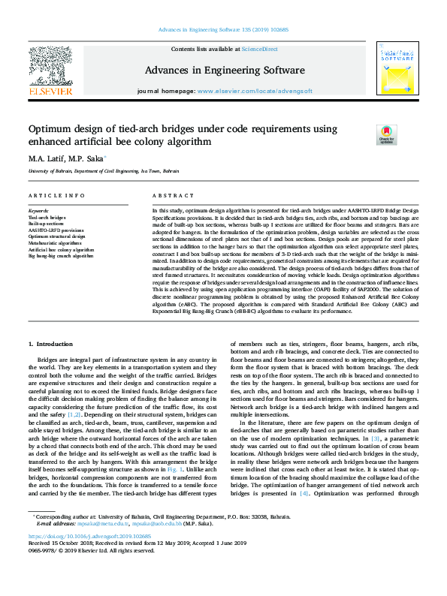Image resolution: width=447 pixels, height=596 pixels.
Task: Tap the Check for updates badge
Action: click(x=366, y=134)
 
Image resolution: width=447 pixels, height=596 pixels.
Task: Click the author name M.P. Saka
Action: click(x=87, y=158)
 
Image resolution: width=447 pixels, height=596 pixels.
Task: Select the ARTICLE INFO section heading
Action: click(x=56, y=195)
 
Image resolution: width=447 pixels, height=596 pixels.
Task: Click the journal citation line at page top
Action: click(x=223, y=30)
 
